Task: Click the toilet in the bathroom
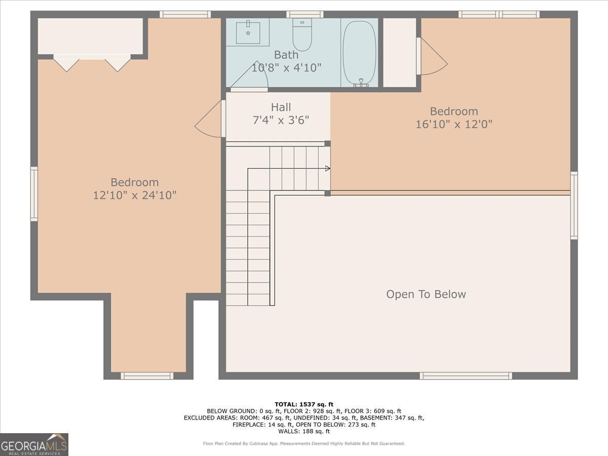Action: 302,34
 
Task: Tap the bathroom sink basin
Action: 248,32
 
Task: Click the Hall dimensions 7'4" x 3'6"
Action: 281,120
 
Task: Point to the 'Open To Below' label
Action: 426,294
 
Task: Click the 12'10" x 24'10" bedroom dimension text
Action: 135,195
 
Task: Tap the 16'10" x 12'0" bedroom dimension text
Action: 454,124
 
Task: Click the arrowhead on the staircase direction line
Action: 328,168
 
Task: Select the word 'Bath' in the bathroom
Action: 286,55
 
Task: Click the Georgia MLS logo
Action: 34,444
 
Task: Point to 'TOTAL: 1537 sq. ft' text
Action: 304,404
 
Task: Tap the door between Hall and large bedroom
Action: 210,119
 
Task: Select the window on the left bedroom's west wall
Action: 34,194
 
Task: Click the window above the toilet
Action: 305,14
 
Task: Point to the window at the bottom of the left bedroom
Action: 147,376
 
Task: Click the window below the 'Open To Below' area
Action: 466,376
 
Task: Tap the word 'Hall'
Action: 281,107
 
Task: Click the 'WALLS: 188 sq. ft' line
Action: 304,431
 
